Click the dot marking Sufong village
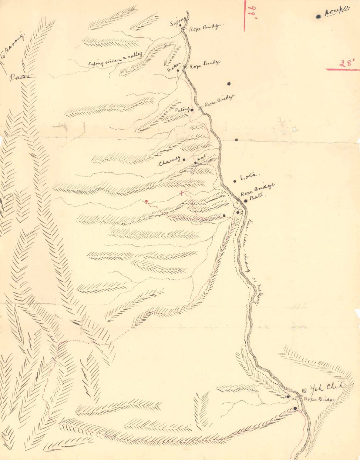(180, 25)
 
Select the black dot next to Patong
(192, 110)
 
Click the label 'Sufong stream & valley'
(115, 59)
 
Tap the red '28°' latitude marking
(347, 63)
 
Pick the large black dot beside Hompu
(318, 16)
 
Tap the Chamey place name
(169, 163)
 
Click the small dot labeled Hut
(195, 163)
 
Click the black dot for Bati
(245, 201)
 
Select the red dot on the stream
(147, 201)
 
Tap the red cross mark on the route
(181, 193)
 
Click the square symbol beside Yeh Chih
(304, 390)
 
